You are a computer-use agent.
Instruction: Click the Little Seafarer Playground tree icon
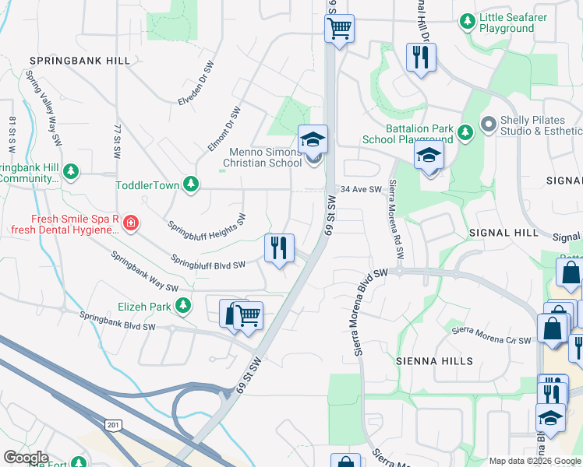(467, 21)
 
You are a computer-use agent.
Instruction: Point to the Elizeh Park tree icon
(183, 306)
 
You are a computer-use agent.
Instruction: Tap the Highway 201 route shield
(114, 424)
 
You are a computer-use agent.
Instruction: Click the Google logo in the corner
(26, 458)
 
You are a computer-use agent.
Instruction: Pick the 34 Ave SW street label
(362, 189)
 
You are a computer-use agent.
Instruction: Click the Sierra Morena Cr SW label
(492, 335)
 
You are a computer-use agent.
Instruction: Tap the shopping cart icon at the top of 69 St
(339, 29)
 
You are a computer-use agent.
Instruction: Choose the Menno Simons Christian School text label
(262, 158)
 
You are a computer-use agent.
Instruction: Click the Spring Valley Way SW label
(44, 108)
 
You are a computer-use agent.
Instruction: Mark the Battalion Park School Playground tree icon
(465, 132)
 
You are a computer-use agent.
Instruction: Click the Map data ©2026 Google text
(534, 461)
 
